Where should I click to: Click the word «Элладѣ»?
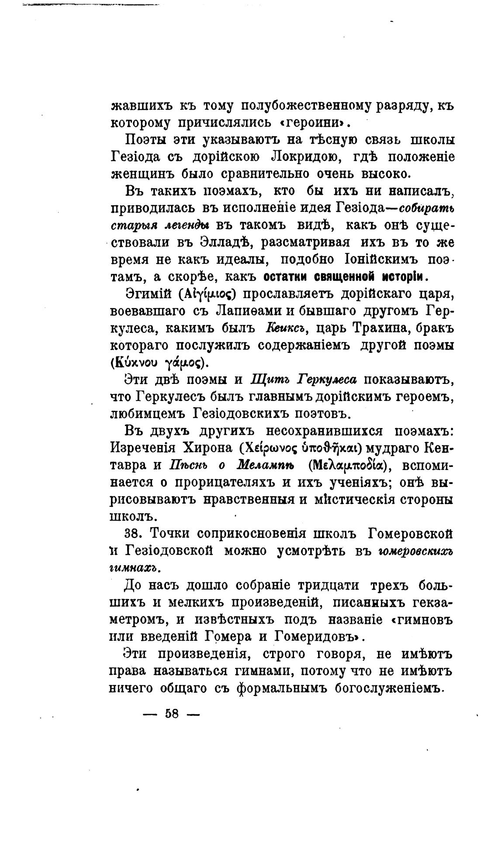(x=228, y=242)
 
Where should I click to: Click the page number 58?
(x=172, y=714)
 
